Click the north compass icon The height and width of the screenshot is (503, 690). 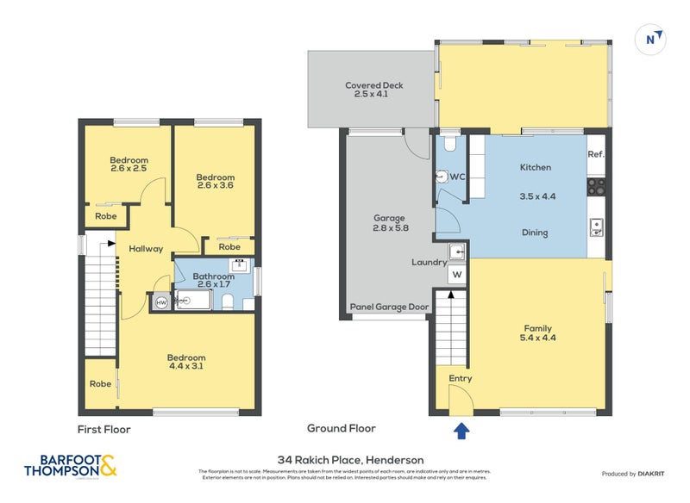[x=654, y=39]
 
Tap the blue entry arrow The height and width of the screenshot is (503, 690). [x=461, y=431]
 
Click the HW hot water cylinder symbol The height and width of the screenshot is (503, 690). [x=160, y=303]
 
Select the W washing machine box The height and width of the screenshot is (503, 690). [x=457, y=276]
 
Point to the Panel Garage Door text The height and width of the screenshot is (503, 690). [x=389, y=307]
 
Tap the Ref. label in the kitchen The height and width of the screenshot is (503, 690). [x=595, y=154]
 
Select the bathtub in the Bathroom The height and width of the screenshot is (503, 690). [x=191, y=301]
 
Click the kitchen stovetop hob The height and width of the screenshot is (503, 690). [x=597, y=185]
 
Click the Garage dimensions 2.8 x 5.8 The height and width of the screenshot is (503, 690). [x=389, y=228]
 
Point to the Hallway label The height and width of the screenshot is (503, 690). [x=146, y=249]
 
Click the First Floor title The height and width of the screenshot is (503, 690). [x=103, y=428]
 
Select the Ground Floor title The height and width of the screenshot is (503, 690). [x=342, y=428]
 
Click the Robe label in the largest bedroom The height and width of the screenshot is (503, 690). [x=100, y=384]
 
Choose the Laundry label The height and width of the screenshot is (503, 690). [x=429, y=263]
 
